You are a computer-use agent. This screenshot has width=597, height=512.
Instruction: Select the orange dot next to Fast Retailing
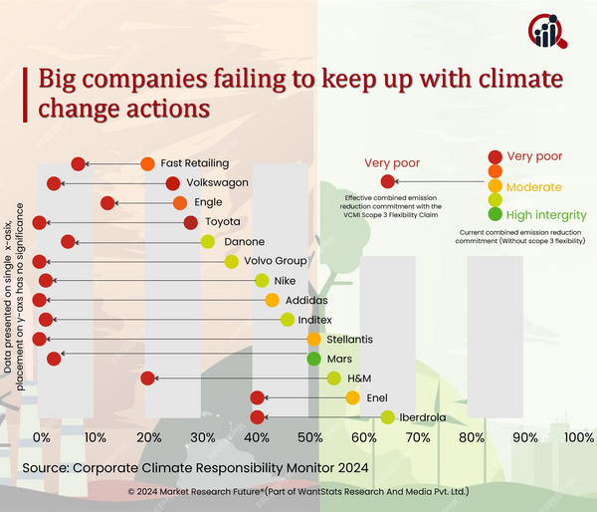pos(147,163)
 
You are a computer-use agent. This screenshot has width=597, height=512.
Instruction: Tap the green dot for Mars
pos(313,359)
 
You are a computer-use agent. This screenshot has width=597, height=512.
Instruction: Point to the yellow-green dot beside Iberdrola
pos(387,417)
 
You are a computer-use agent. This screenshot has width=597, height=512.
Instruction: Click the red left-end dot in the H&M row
pos(147,378)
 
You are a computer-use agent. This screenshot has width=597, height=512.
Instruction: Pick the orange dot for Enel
pos(353,397)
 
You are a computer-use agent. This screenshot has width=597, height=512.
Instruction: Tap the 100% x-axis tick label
pos(578,437)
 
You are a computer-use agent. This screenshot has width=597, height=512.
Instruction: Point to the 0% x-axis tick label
pos(42,437)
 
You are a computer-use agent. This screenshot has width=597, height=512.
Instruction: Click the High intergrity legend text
pos(545,214)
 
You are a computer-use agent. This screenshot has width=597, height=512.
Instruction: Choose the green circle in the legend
pos(495,214)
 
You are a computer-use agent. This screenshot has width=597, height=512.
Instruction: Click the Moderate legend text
pos(534,186)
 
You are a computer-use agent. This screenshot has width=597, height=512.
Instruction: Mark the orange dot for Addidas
pos(272,300)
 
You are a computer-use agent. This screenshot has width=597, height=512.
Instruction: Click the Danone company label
pos(245,241)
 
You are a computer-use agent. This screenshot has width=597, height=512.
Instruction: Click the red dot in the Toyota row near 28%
pos(190,222)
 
